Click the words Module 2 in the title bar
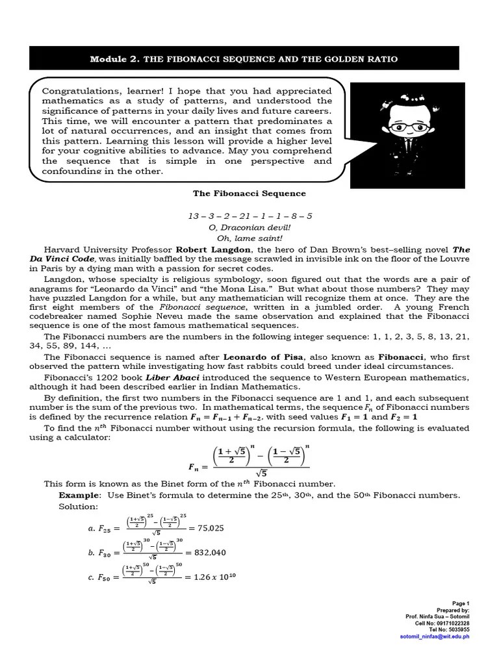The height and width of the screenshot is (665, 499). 114,59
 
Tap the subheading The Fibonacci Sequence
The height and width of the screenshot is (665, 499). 249,194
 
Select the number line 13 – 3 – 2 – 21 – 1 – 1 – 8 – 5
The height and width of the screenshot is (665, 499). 249,216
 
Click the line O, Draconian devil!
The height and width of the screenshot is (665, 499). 249,227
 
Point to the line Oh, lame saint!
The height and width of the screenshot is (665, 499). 249,238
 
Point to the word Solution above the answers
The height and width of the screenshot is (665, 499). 78,506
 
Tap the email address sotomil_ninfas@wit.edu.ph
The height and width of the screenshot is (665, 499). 434,636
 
